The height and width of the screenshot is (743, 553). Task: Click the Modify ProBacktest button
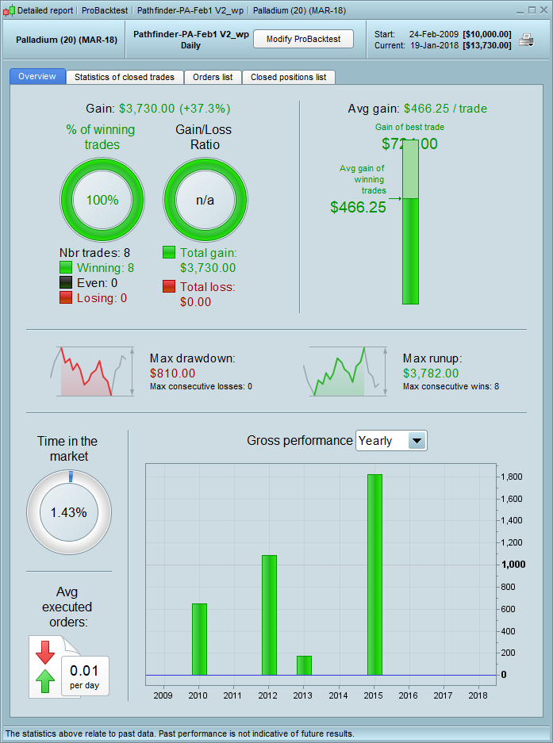coord(303,40)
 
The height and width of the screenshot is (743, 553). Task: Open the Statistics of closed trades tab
coord(125,77)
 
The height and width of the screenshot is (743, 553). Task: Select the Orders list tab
coord(213,77)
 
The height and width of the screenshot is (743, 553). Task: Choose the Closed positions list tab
coord(288,77)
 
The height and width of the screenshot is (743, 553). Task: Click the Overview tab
coord(37,77)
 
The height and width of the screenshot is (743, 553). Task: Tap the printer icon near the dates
coord(526,40)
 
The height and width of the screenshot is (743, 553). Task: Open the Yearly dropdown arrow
coord(417,441)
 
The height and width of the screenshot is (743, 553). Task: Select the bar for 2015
coord(374,574)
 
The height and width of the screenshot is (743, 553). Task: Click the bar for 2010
coord(199,639)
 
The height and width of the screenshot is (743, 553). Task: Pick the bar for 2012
coord(269,615)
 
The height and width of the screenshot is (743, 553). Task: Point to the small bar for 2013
coord(304,665)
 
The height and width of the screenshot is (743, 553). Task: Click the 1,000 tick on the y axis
coord(512,565)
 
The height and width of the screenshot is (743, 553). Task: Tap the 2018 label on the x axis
coord(479,695)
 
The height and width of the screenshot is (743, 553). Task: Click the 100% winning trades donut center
coord(102,200)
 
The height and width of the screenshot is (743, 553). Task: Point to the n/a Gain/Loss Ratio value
coord(205,200)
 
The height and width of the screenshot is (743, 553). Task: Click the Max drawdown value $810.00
coord(172,373)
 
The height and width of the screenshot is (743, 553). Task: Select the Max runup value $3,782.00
coord(431,373)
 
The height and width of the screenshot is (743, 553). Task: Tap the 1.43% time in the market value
coord(68,512)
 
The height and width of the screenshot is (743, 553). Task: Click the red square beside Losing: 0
coord(66,297)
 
